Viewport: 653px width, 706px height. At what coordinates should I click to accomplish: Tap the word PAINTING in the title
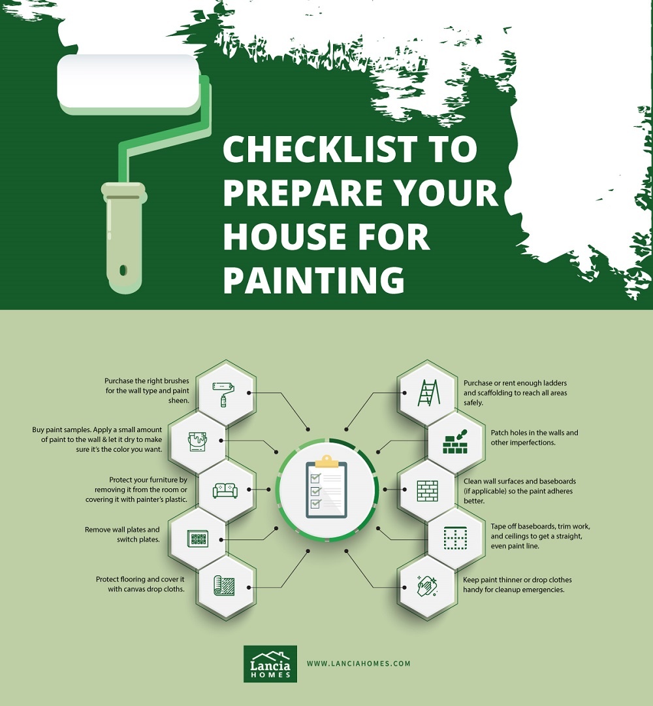click(x=313, y=280)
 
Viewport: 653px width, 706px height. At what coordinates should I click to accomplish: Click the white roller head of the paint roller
click(x=128, y=82)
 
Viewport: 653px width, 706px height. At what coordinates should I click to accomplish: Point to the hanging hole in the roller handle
click(x=123, y=270)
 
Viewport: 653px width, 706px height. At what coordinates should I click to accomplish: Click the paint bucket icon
click(x=197, y=441)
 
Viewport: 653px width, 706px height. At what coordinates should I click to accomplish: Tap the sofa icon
click(x=225, y=490)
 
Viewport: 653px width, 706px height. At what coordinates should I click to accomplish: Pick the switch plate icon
click(x=197, y=539)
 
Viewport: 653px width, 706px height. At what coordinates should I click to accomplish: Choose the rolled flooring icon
click(x=225, y=586)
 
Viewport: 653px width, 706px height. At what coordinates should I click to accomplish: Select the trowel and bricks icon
click(x=455, y=442)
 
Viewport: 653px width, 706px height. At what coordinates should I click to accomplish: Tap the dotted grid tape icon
click(x=455, y=538)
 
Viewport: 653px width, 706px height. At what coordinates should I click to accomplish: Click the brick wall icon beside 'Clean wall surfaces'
click(x=427, y=490)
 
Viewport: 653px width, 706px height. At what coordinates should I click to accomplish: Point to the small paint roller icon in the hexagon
click(x=223, y=394)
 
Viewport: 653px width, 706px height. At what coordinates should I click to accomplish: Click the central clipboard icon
click(x=326, y=490)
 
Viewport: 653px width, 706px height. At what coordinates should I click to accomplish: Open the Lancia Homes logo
click(x=270, y=664)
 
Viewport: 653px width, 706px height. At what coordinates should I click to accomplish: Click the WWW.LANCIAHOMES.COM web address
click(x=358, y=664)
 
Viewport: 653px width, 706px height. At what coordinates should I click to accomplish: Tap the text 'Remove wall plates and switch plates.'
click(x=122, y=535)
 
